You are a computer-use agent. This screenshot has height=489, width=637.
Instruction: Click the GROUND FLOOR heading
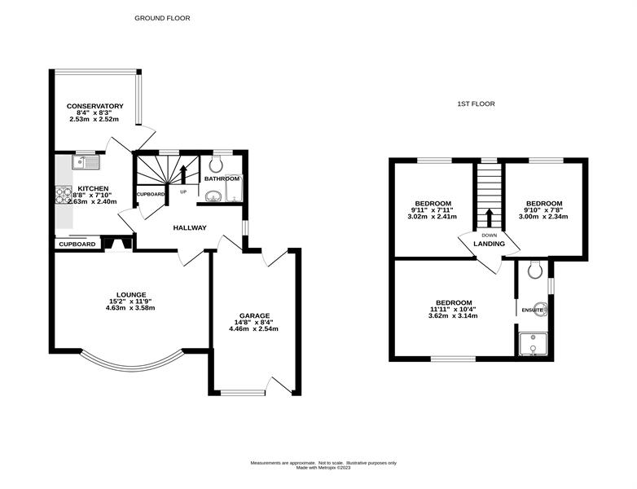(162, 18)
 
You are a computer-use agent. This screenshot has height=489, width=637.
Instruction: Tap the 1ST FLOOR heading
(477, 104)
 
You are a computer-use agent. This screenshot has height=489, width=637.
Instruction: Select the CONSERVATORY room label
(95, 107)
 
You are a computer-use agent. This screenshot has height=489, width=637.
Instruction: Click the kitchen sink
(86, 162)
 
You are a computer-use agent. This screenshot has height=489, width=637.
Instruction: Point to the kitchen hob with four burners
(64, 194)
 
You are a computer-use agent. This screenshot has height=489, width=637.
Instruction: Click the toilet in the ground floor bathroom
(215, 165)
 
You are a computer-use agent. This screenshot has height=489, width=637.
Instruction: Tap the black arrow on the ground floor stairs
(183, 174)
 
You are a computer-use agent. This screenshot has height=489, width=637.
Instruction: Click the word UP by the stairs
(183, 192)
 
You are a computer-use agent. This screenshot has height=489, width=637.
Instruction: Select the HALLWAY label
(190, 228)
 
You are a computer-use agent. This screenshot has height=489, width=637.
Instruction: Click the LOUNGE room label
(131, 295)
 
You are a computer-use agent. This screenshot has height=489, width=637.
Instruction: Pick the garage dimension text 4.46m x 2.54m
(254, 328)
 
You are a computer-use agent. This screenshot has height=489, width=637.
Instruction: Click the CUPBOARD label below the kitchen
(77, 244)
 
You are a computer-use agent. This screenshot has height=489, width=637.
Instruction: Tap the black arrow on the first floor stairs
(489, 218)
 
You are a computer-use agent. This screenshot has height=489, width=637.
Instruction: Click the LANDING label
(489, 244)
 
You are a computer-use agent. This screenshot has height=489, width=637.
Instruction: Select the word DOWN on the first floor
(489, 236)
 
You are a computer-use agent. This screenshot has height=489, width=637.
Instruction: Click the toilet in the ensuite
(535, 269)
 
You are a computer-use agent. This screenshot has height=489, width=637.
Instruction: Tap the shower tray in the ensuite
(533, 344)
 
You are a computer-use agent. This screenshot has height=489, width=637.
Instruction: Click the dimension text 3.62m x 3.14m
(453, 315)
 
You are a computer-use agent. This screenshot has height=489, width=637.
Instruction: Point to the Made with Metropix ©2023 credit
(323, 468)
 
